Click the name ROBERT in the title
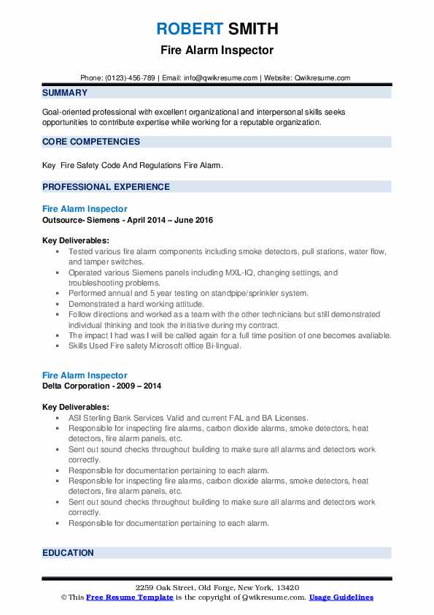188,29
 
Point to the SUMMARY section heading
65,93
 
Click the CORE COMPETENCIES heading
91,142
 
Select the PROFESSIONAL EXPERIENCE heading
106,187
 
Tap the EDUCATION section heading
68,553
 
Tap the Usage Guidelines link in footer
341,597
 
